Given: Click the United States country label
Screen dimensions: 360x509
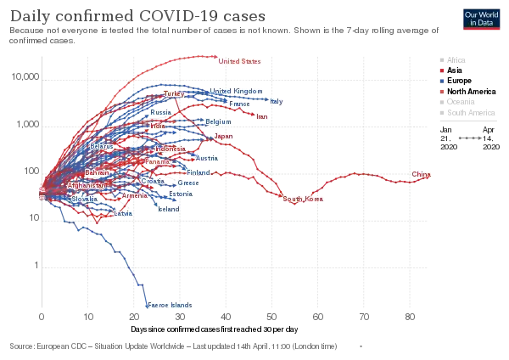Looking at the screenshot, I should click(240, 61).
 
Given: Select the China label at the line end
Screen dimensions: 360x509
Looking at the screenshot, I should click(422, 175).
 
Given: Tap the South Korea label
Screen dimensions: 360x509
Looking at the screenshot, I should click(304, 199).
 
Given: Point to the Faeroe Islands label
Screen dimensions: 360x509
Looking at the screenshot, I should click(171, 304).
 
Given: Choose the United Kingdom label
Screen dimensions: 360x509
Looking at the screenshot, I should click(237, 91).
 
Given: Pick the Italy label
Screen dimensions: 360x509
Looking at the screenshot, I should click(277, 101).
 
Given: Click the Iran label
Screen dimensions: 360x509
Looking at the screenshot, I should click(261, 116).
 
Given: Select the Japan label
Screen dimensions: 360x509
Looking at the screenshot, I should click(223, 136).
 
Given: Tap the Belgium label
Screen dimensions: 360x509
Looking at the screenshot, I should click(218, 121).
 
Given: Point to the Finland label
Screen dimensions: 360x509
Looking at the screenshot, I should click(198, 172).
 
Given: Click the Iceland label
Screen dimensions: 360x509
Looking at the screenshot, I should click(168, 208).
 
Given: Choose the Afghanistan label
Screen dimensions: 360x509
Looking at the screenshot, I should click(86, 184).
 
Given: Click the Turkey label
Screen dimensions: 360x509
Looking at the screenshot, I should click(173, 92).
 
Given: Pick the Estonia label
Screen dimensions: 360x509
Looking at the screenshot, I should click(181, 194).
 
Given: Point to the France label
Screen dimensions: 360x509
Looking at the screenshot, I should click(240, 104).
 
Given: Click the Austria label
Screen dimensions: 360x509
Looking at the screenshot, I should click(206, 158).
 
